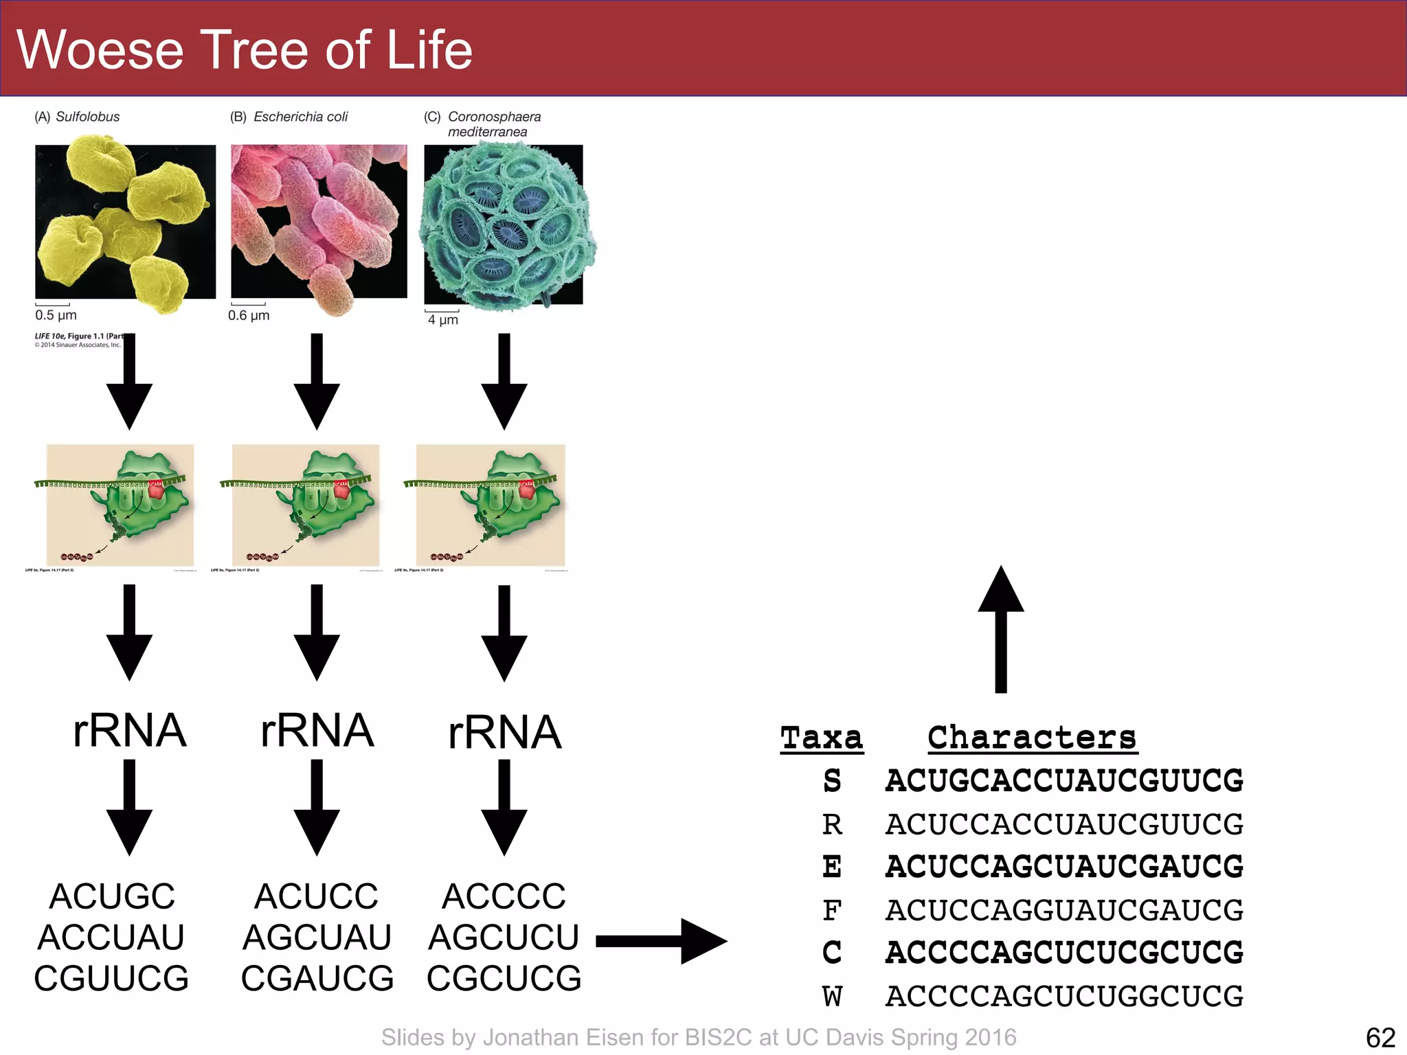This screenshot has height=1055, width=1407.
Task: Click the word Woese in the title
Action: [100, 50]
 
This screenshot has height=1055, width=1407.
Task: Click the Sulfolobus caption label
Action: [87, 117]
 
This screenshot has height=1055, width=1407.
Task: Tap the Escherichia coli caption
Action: [300, 117]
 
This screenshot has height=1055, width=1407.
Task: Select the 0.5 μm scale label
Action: [56, 315]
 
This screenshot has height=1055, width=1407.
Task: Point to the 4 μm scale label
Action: [442, 320]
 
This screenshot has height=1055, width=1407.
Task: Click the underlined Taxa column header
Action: [822, 738]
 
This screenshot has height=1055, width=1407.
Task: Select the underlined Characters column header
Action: [1032, 738]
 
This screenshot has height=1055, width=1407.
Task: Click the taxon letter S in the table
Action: [832, 781]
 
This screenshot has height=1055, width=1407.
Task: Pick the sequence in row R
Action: [1064, 824]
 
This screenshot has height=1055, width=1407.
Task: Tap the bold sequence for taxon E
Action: [1064, 867]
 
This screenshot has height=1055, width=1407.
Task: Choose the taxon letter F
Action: [832, 911]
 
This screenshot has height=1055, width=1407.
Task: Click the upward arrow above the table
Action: [1001, 628]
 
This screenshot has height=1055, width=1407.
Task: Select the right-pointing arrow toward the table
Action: [661, 941]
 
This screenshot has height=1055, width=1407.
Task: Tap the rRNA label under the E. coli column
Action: [317, 731]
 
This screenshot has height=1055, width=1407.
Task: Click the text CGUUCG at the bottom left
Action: [111, 978]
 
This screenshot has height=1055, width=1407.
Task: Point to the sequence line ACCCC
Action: [504, 896]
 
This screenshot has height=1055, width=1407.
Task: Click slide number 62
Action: [1380, 1038]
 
